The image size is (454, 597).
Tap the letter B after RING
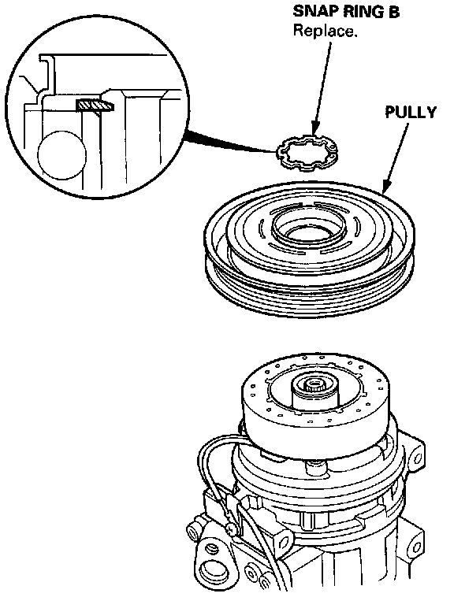click(x=393, y=12)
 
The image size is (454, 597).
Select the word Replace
click(x=325, y=31)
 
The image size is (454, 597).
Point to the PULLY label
click(x=411, y=113)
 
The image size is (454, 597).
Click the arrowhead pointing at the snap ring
click(x=314, y=129)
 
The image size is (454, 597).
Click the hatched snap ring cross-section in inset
click(x=95, y=105)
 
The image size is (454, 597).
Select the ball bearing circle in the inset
click(x=61, y=155)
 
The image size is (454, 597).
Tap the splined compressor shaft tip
click(x=314, y=387)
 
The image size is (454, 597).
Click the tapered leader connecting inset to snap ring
click(x=230, y=142)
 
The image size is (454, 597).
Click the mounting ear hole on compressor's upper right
click(x=417, y=454)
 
